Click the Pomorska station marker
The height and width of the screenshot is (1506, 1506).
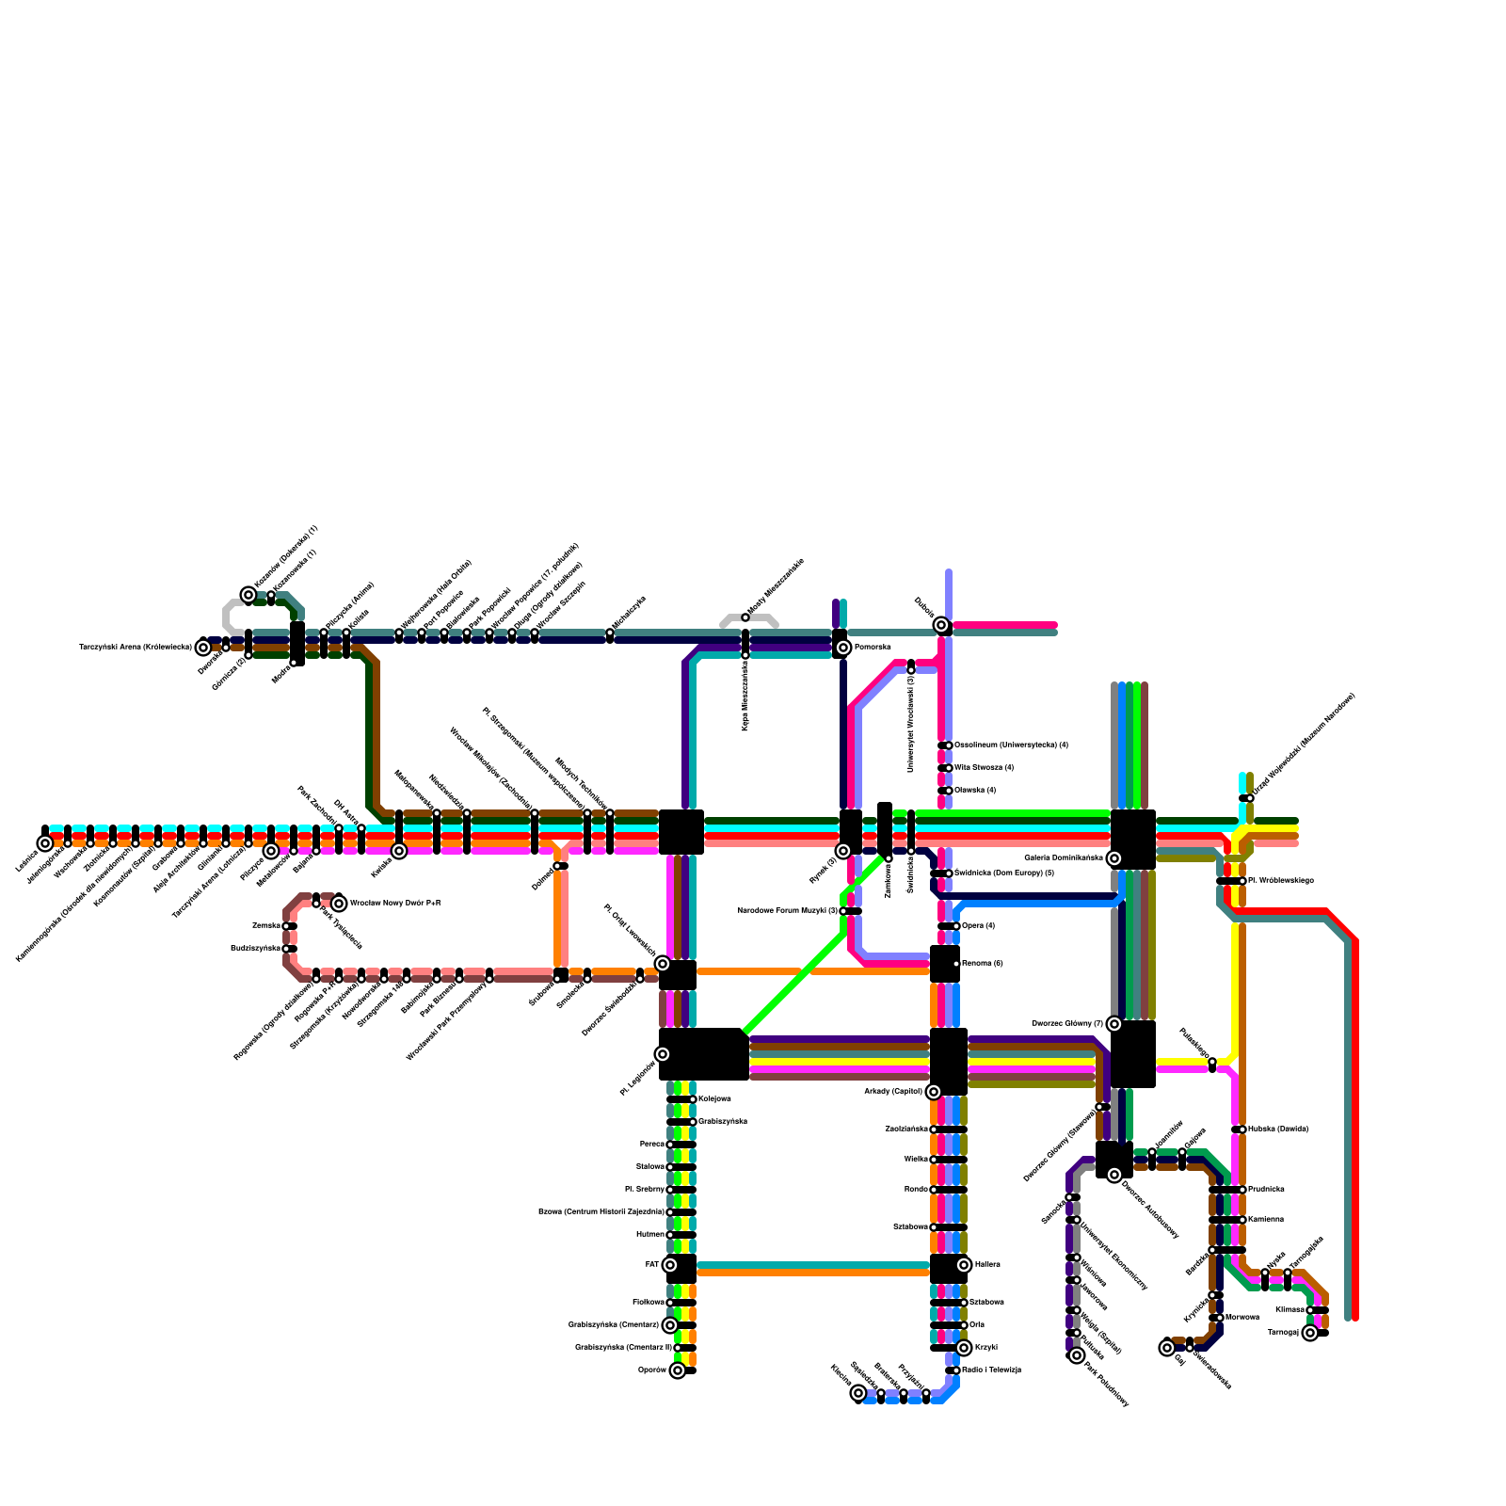click(x=843, y=648)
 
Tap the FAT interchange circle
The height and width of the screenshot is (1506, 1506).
click(x=670, y=1265)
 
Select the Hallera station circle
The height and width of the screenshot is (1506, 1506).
click(x=964, y=1265)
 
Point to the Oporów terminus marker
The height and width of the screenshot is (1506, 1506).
click(x=678, y=1370)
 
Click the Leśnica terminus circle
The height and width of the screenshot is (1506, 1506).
click(x=45, y=843)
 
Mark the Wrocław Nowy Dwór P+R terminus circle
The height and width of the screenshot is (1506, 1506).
click(x=339, y=904)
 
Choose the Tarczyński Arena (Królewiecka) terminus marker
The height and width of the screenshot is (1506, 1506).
click(x=203, y=648)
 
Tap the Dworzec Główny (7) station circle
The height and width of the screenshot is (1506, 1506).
click(x=1114, y=1024)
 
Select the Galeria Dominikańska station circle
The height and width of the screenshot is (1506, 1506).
click(x=1114, y=858)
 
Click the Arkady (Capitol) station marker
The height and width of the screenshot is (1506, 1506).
click(x=934, y=1092)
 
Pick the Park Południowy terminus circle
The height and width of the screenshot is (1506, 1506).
click(x=1077, y=1355)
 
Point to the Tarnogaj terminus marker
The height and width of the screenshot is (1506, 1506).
click(x=1310, y=1333)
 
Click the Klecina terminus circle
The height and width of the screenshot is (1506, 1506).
click(x=858, y=1393)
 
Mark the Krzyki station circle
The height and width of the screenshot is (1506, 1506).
click(x=964, y=1348)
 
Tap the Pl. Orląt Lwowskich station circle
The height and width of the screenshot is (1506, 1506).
click(x=663, y=964)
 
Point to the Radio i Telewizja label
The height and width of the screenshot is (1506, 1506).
click(x=991, y=1370)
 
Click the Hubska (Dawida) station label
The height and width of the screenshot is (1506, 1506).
click(x=1277, y=1129)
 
